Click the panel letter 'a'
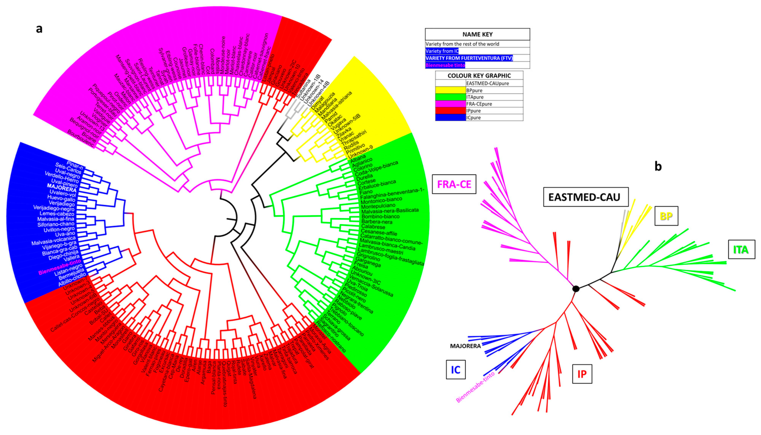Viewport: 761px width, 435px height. pos(39,29)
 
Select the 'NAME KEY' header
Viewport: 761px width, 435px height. pos(477,34)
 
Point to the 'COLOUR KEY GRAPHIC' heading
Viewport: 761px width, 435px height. pos(479,76)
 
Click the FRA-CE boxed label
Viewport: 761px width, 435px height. pos(454,184)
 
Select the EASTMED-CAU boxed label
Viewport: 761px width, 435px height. pos(585,197)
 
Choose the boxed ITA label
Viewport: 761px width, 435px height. pos(741,249)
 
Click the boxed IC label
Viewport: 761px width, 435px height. pos(455,369)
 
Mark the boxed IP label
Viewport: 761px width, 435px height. pos(582,374)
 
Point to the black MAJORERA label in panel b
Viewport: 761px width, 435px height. pos(465,346)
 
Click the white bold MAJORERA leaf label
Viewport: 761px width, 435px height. pos(62,188)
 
